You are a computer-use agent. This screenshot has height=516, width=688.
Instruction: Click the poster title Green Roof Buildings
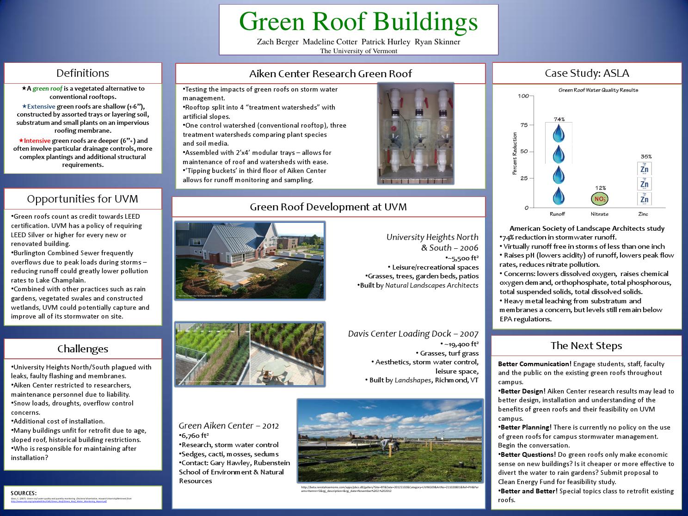358,21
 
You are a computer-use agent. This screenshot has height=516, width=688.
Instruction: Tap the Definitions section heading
83,73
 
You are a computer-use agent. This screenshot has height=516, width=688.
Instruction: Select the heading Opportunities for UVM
83,199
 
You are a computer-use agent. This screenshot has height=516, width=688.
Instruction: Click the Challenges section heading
83,349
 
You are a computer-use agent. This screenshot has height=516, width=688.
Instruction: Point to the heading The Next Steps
586,346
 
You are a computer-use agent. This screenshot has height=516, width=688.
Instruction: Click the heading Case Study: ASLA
587,73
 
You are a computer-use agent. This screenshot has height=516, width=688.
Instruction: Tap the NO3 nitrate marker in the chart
600,199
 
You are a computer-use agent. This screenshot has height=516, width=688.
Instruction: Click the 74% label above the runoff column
559,119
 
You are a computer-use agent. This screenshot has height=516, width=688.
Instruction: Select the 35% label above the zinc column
646,157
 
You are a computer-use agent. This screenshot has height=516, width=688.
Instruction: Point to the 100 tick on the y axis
523,96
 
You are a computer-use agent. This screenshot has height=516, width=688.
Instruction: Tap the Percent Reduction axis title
515,154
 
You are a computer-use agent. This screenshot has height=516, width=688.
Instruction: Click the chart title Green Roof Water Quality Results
598,90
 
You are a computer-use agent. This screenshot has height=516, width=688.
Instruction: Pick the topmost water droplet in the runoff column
559,133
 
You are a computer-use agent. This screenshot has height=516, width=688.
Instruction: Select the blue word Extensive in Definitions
41,106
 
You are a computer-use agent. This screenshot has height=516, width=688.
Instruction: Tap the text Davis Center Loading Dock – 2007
413,334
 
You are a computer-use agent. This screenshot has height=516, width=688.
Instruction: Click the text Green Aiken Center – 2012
229,425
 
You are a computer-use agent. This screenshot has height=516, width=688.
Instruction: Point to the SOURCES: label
24,493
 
